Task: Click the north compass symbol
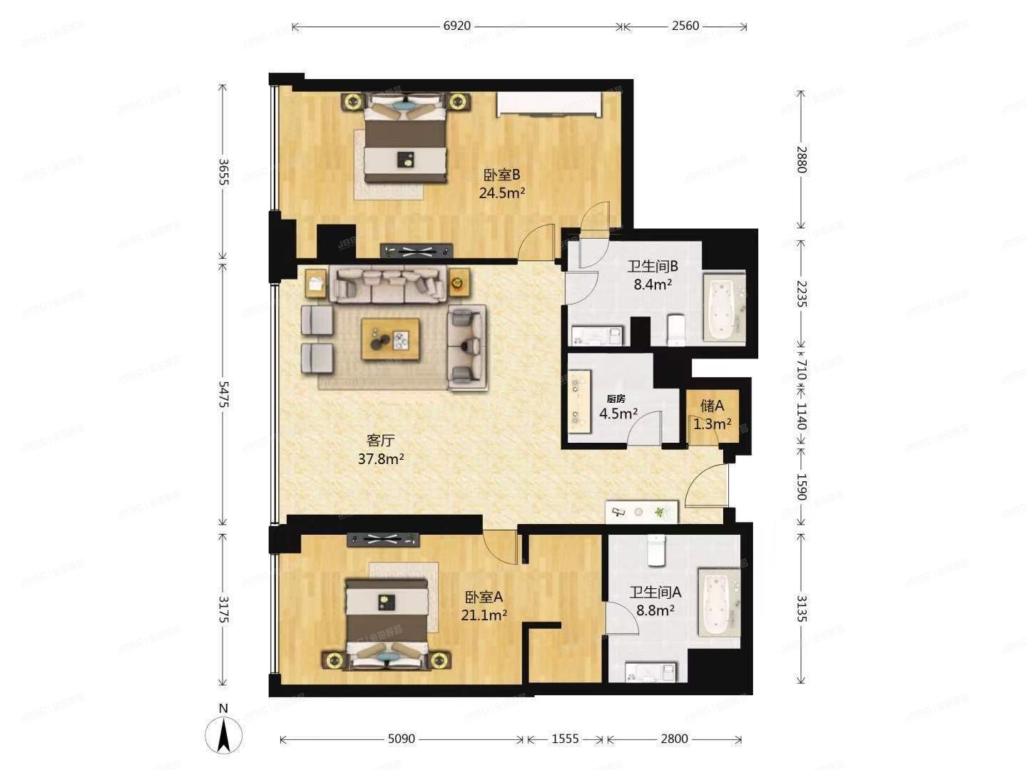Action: click(223, 734)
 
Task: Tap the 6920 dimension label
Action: click(457, 26)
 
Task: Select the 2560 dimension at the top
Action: click(685, 26)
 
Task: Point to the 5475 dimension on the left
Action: click(224, 394)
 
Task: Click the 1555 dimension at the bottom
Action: click(565, 739)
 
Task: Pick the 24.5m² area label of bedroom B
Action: click(502, 192)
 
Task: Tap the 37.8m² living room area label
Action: click(381, 459)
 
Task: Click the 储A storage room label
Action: click(712, 406)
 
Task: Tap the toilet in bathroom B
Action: click(675, 330)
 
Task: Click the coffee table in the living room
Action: click(389, 339)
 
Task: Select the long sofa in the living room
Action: click(389, 282)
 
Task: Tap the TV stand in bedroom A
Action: click(383, 540)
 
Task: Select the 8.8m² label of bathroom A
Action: click(655, 611)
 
